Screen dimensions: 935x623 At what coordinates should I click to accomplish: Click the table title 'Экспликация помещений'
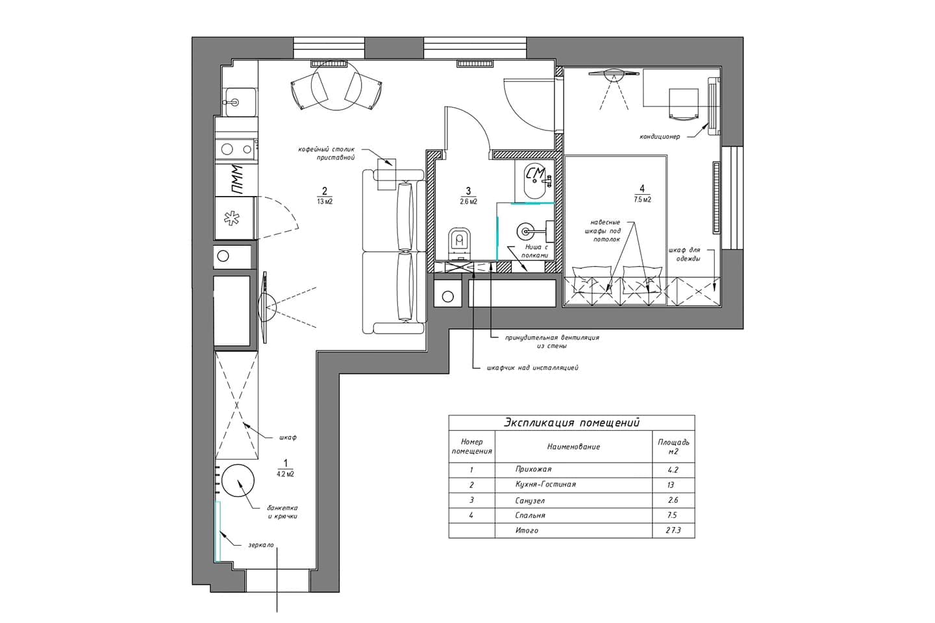[571, 422]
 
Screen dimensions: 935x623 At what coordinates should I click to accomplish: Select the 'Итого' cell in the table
[527, 531]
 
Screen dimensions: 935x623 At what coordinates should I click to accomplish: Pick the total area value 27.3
[673, 530]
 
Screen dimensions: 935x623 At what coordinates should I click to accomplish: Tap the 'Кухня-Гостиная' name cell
[545, 485]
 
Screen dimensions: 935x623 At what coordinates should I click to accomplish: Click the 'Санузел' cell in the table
[530, 500]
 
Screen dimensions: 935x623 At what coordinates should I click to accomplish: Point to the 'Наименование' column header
[573, 446]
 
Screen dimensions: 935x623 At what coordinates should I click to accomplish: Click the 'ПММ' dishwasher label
[236, 180]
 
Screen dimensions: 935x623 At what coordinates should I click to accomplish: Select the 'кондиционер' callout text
[660, 136]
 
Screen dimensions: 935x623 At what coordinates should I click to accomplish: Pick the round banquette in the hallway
[238, 480]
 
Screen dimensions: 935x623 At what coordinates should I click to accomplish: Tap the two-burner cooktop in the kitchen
[236, 149]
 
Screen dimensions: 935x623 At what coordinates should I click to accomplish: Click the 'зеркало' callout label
[261, 545]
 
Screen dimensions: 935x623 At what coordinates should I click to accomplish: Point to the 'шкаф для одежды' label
[684, 254]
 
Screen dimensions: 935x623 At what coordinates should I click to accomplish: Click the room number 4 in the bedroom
[642, 189]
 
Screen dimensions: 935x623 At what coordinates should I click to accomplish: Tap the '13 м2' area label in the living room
[325, 202]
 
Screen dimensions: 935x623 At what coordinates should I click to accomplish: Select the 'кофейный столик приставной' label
[326, 153]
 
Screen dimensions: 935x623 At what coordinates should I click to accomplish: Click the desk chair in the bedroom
[684, 104]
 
